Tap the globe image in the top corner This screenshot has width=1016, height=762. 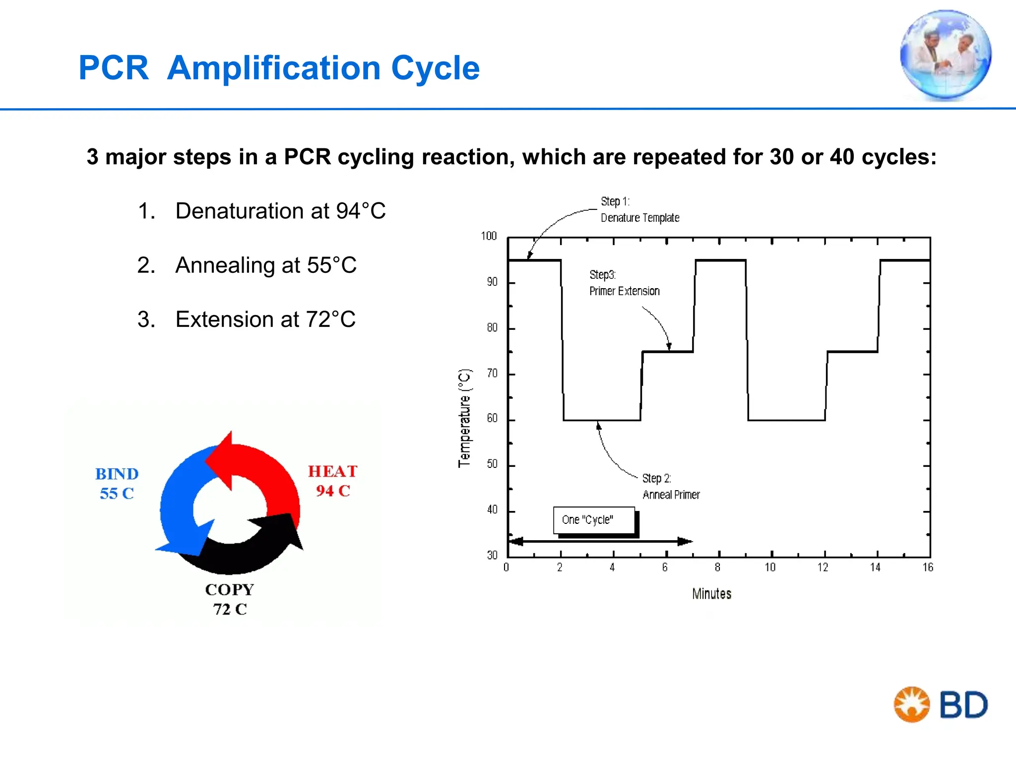pyautogui.click(x=946, y=55)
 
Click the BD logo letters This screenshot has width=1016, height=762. pyautogui.click(x=963, y=705)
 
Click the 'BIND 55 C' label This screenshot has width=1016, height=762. pyautogui.click(x=117, y=483)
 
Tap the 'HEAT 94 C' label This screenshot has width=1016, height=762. pyautogui.click(x=332, y=481)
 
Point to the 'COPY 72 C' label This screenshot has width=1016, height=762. pyautogui.click(x=230, y=599)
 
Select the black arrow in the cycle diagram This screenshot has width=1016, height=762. pyautogui.click(x=248, y=551)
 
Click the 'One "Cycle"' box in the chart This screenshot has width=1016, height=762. pyautogui.click(x=594, y=520)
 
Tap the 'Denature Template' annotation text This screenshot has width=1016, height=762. pyautogui.click(x=640, y=218)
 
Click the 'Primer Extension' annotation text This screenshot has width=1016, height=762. pyautogui.click(x=624, y=291)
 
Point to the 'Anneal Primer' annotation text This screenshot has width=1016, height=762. pyautogui.click(x=671, y=495)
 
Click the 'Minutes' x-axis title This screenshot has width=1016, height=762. pyautogui.click(x=711, y=594)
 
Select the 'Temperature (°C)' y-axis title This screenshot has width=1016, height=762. pyautogui.click(x=464, y=418)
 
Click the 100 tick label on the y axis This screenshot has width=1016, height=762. pyautogui.click(x=489, y=236)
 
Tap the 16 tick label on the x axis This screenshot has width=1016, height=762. pyautogui.click(x=928, y=568)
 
